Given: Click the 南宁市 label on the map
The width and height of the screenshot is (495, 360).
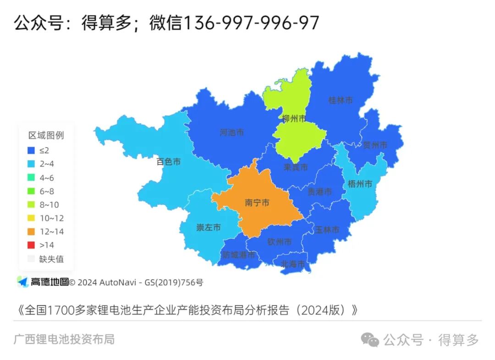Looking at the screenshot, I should (257, 202).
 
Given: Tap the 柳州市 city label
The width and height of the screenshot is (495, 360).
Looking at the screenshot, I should (294, 119).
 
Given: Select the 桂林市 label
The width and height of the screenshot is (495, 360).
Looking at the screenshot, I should (341, 100).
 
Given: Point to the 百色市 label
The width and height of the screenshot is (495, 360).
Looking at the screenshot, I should (168, 162).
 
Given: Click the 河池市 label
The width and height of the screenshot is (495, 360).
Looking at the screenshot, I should (231, 133).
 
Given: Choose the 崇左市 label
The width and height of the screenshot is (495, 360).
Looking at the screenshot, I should (209, 227).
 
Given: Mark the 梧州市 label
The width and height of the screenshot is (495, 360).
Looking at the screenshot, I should (360, 184).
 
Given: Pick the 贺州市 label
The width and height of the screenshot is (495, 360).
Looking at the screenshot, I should (375, 145).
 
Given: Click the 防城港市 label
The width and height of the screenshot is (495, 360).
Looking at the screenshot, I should (238, 255).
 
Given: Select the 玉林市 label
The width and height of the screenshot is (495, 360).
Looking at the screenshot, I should (327, 229).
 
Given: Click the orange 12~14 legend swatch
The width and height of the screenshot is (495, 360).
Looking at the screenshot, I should (31, 232).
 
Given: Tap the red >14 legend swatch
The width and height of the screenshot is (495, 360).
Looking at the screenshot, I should (31, 245).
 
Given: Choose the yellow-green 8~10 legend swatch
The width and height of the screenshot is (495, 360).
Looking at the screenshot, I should (31, 205).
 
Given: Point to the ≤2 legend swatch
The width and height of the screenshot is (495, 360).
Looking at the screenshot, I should (31, 150).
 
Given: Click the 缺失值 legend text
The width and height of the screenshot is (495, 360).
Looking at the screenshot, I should (51, 259).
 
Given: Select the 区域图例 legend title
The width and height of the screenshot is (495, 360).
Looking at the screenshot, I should (46, 135).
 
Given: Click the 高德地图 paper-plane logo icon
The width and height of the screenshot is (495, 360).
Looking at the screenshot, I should (23, 282).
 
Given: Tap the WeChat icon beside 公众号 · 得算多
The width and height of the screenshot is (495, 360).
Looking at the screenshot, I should (370, 340).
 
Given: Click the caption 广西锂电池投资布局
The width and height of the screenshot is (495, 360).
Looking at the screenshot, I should (64, 339).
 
